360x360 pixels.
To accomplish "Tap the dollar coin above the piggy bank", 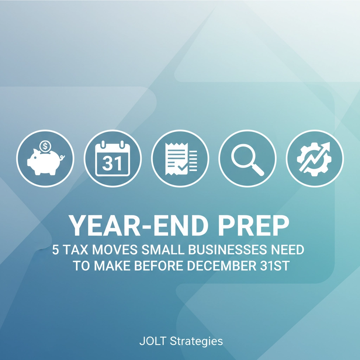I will pos(45,145).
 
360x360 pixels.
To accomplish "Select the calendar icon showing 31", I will pos(113,158).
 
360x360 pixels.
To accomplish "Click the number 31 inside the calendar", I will pos(113,163).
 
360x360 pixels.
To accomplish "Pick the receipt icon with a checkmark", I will pos(180,158).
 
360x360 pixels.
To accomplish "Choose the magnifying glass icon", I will pos(247,158).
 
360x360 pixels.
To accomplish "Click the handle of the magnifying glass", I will pos(258,169).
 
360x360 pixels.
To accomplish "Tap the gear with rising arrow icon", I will pos(315,158).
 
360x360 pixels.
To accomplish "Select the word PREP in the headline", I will pos(253,226).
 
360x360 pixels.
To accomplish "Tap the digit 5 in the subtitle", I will pos(56,250).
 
